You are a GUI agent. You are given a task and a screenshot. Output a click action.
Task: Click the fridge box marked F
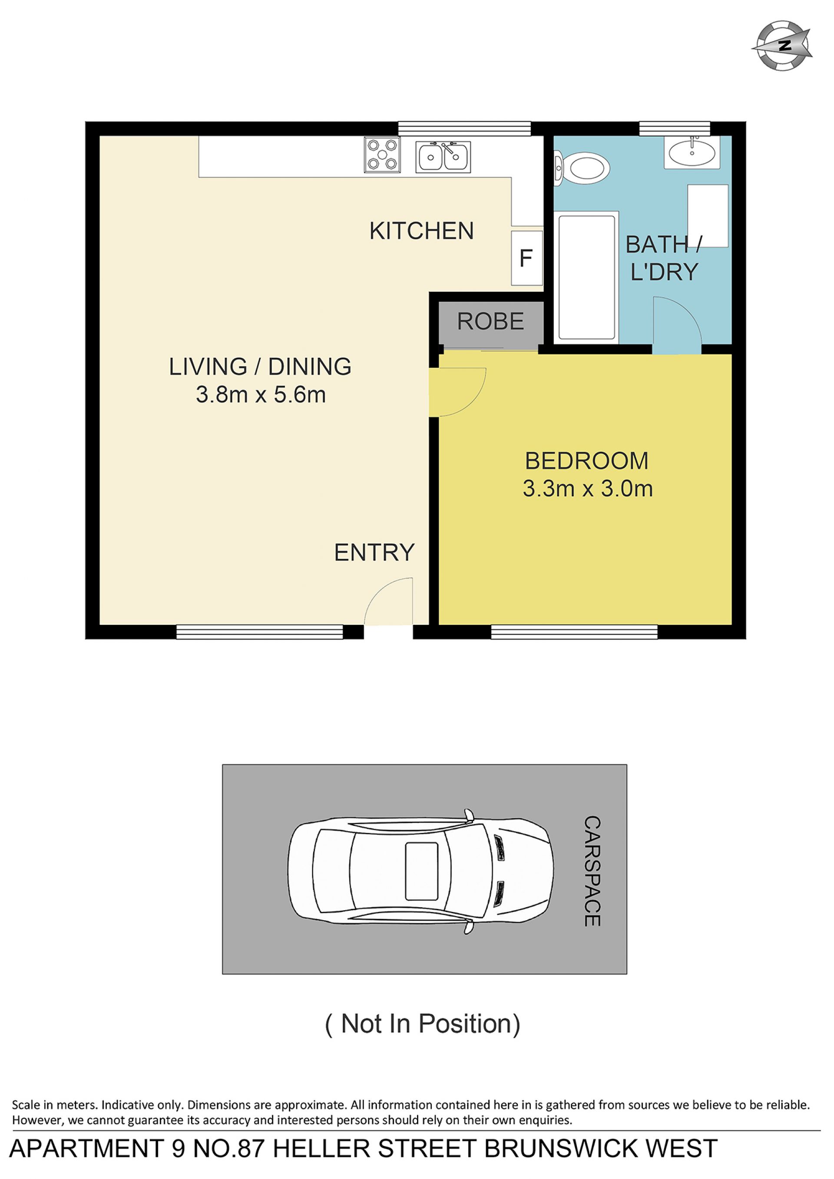pos(526,258)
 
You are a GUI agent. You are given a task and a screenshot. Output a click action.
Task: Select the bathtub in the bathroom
pos(586,277)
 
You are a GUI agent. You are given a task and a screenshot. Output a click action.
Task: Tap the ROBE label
pos(490,321)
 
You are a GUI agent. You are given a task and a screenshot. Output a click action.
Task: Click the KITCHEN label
pos(421,231)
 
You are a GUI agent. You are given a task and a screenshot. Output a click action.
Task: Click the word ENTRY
pos(374,552)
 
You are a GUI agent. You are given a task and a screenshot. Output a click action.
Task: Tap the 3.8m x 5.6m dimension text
pos(261,395)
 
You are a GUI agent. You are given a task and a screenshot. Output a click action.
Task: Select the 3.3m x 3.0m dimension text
pos(588,489)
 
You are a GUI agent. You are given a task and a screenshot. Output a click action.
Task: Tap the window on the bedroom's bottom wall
pos(574,631)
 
